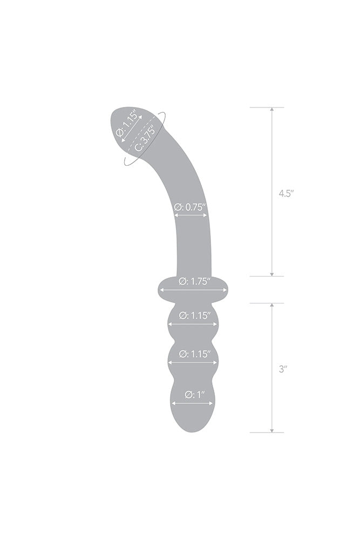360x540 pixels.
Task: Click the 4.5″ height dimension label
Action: pyautogui.click(x=286, y=194)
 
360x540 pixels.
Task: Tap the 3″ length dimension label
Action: pyautogui.click(x=282, y=370)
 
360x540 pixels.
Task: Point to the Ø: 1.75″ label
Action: pyautogui.click(x=193, y=281)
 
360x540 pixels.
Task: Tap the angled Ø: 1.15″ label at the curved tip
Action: pyautogui.click(x=128, y=125)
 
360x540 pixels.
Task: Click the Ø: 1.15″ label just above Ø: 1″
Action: pyautogui.click(x=193, y=354)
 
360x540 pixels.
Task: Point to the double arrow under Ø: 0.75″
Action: pyautogui.click(x=191, y=215)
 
